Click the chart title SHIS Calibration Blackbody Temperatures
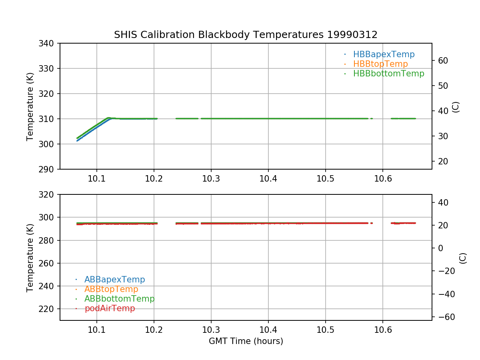(x=246, y=35)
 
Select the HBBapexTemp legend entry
(x=384, y=54)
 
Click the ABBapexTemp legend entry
(x=114, y=280)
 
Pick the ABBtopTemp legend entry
(x=111, y=289)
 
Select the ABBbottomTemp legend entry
(x=119, y=299)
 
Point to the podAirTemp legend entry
(x=110, y=308)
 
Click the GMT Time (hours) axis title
(x=246, y=341)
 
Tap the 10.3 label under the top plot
(x=211, y=179)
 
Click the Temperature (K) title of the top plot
(x=30, y=106)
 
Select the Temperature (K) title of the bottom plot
(x=30, y=258)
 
